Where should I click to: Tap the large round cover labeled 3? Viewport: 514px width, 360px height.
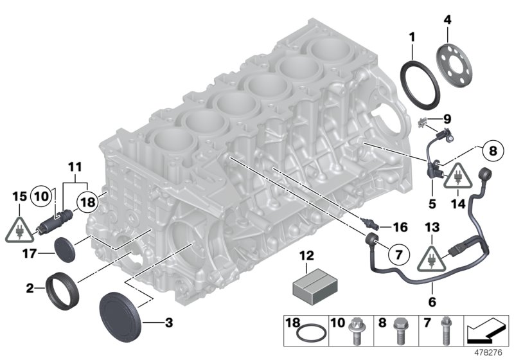(119, 314)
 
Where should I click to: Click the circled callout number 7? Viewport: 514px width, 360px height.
(398, 255)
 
